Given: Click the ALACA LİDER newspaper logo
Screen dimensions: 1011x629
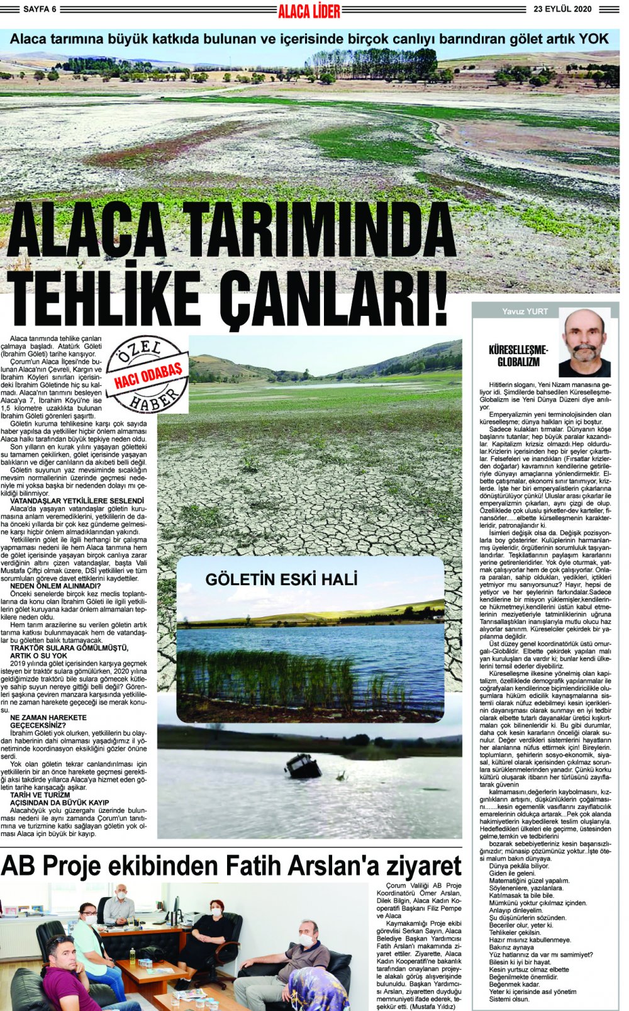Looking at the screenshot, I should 309,10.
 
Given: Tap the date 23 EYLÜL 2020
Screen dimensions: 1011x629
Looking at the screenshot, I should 562,9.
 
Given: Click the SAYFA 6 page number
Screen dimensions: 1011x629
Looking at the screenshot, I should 40,9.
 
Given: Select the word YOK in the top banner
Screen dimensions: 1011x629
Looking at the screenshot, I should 593,39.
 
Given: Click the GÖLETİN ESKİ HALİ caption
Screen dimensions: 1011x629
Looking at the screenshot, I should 281,579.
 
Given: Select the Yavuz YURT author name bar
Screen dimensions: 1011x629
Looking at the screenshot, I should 525,311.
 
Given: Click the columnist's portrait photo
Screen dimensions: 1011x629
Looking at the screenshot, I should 584,343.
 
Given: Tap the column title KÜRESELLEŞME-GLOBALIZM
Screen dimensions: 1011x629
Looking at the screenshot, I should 518,356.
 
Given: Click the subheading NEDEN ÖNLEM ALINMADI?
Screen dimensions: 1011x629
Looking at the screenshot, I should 55,586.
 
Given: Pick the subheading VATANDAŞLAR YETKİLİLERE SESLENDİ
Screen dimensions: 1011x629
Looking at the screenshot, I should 77,501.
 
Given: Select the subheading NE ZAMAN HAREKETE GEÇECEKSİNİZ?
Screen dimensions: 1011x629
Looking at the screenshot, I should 48,721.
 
